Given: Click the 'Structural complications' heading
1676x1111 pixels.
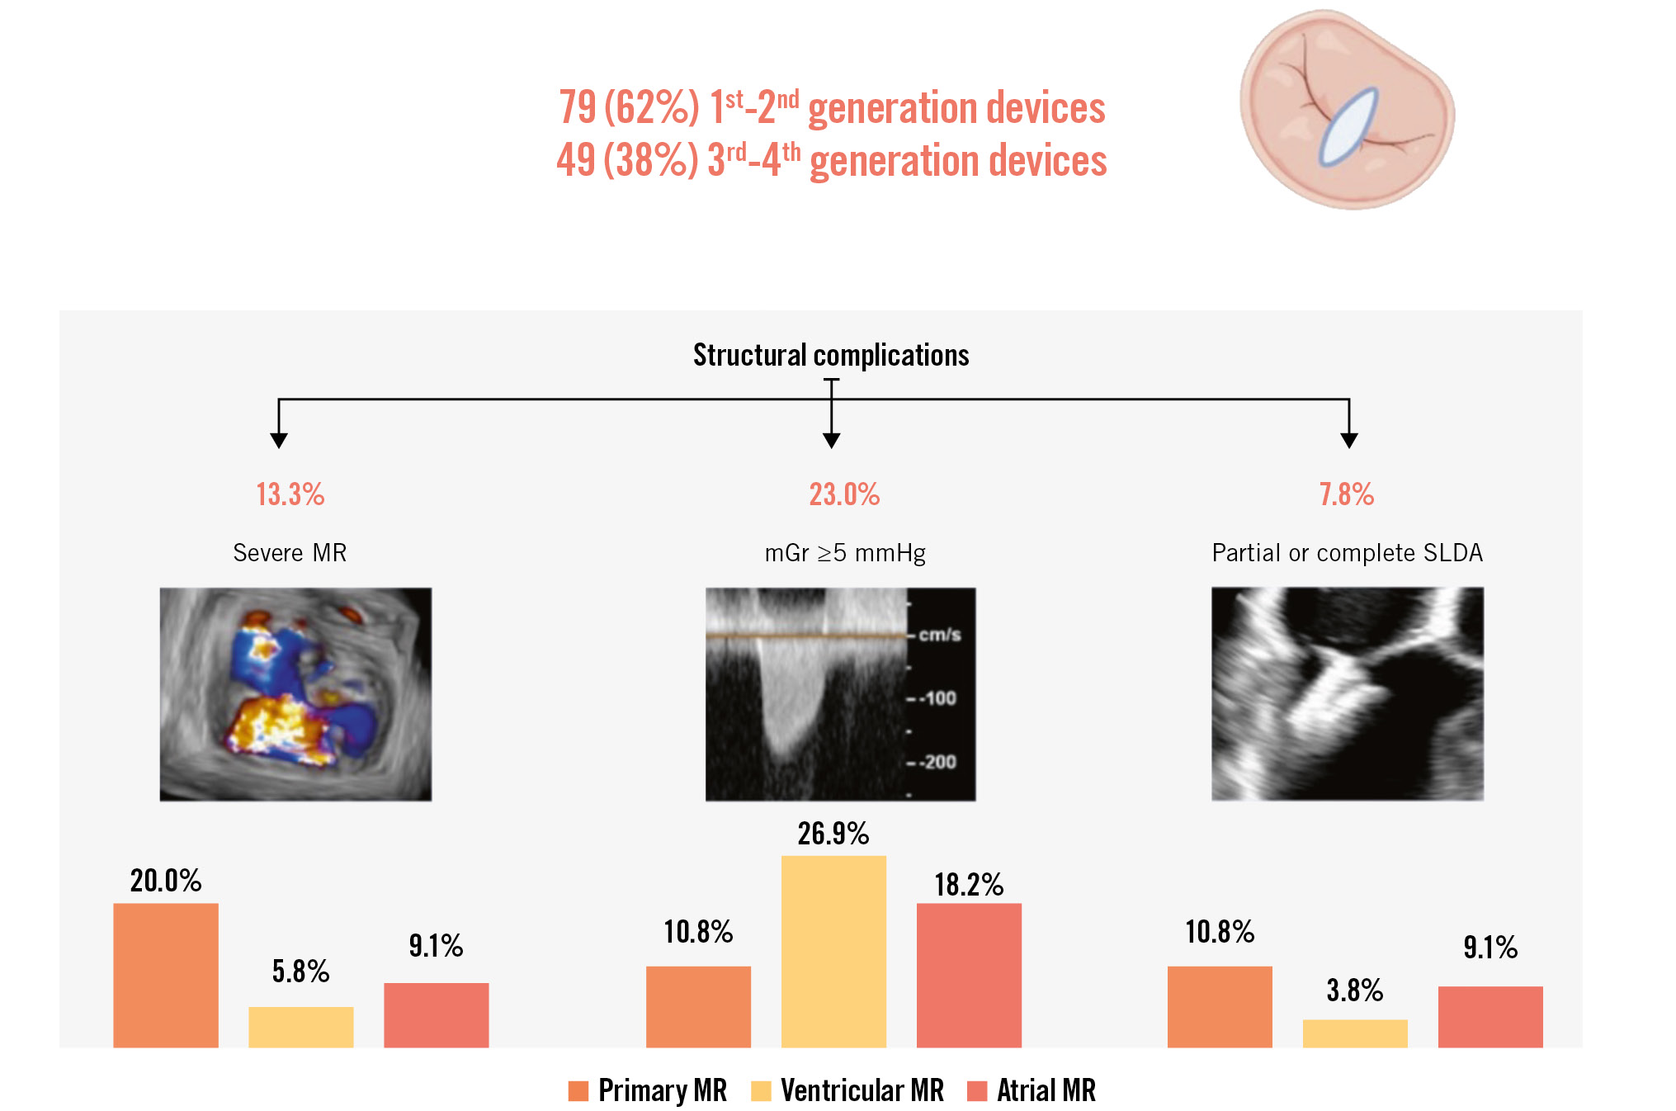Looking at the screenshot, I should pos(831,355).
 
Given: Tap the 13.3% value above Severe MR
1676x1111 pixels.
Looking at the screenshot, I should pos(290,494).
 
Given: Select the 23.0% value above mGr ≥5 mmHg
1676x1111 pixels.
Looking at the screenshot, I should pos(844,494).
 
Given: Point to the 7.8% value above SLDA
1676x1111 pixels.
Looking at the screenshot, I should pos(1346,494).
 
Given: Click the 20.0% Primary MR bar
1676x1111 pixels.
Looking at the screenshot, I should pos(166,975).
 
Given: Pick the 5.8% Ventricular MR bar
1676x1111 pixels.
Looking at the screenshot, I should pos(301,1027).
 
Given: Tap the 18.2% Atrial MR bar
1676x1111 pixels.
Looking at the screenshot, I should pos(969,975).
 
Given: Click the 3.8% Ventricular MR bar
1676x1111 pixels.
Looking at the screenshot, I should pos(1355,1033).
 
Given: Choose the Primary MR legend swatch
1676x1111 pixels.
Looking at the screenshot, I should pos(578,1091).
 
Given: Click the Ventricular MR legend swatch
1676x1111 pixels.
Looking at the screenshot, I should pos(761,1091).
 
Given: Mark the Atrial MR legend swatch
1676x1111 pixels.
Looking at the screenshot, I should pos(977,1091).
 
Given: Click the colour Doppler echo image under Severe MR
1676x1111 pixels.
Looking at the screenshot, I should pos(295,694).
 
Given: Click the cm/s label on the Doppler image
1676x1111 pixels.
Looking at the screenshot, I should pos(940,635).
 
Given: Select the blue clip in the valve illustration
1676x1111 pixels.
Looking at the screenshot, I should pos(1348,126).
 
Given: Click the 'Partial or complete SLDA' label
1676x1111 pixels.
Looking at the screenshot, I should pos(1347,553).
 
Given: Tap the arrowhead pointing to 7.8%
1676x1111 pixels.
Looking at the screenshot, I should pos(1349,440).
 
